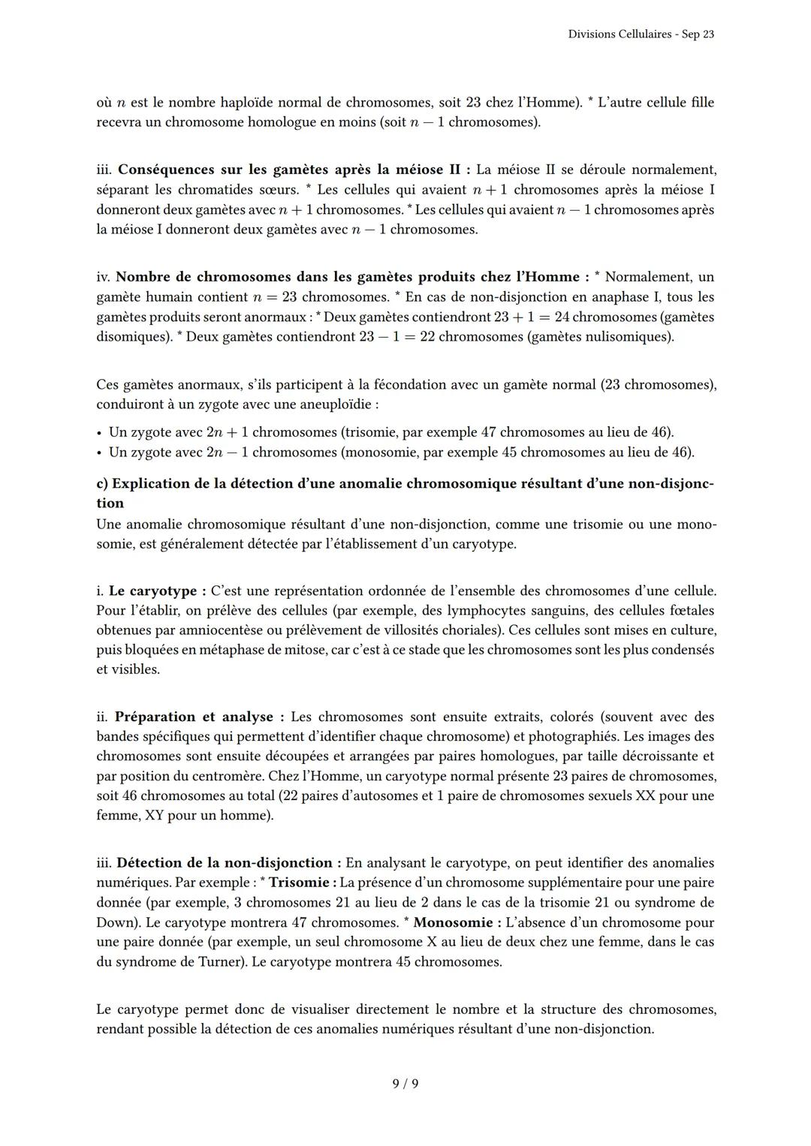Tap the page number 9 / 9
405,1083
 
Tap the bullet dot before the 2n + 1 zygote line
100,433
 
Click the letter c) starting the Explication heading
102,484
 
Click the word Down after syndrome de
113,922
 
